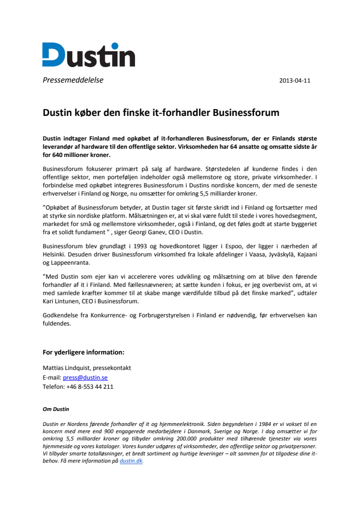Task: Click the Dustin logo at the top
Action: coord(88,55)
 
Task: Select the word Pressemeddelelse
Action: coord(73,80)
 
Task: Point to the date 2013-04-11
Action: coord(295,81)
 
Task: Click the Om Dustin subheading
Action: coord(56,410)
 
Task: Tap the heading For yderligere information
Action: coord(83,352)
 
